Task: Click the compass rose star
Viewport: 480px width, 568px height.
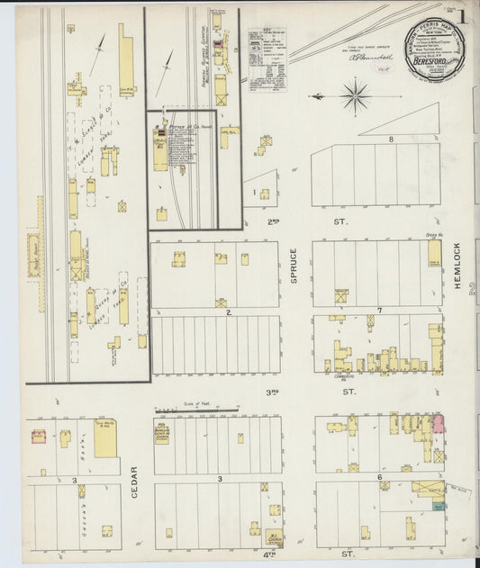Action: click(x=356, y=95)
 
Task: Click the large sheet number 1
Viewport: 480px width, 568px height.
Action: click(x=461, y=15)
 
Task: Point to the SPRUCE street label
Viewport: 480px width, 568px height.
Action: click(x=294, y=266)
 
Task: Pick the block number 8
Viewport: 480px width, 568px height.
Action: click(x=391, y=140)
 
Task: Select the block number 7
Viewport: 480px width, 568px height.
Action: click(x=380, y=311)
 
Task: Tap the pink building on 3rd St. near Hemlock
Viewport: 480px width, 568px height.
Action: click(x=438, y=421)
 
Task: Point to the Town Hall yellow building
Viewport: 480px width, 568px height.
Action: click(x=105, y=437)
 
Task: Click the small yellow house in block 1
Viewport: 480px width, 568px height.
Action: click(x=265, y=192)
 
